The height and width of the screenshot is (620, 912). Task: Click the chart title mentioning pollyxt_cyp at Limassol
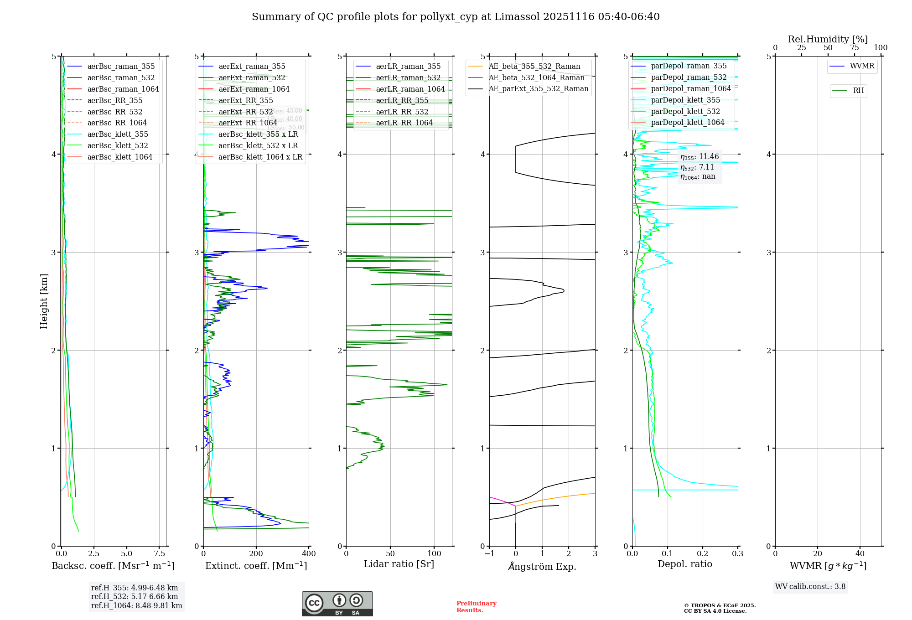456,17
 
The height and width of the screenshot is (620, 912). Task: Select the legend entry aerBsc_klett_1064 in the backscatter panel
120,157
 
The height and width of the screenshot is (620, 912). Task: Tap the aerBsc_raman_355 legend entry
121,67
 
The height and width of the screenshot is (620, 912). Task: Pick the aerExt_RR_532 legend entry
245,112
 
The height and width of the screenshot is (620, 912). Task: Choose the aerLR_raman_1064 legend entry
410,89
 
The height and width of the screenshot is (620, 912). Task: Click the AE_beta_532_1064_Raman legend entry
536,78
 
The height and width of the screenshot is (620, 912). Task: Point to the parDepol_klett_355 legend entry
685,100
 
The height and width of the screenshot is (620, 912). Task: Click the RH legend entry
858,91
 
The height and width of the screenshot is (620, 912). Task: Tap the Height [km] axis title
44,301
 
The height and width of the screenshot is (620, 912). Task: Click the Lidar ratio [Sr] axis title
399,564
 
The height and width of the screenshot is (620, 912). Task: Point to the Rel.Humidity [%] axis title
828,39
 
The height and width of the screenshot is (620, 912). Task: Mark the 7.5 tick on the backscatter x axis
160,554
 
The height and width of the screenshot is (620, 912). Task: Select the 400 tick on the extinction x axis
309,554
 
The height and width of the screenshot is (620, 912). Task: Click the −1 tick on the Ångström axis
489,554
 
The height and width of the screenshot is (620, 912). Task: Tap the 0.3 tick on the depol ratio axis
737,554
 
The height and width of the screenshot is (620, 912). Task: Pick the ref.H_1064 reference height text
136,606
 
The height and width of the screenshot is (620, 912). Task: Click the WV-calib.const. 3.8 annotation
810,587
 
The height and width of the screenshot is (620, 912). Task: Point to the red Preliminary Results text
476,607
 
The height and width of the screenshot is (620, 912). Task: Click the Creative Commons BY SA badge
337,604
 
